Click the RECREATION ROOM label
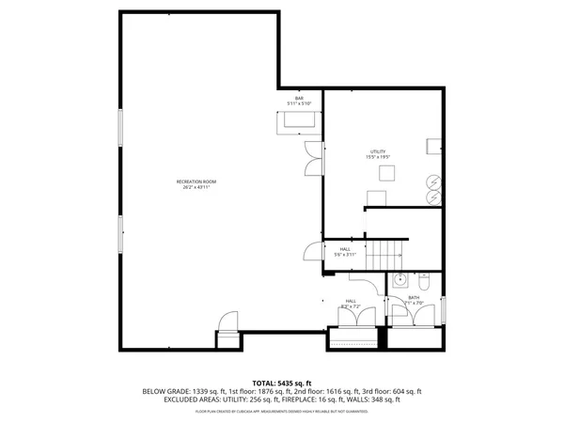click(196, 181)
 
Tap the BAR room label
click(299, 98)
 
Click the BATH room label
click(414, 298)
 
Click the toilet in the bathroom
click(422, 281)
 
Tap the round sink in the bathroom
click(399, 280)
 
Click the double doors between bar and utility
click(313, 157)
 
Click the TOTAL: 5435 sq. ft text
click(282, 384)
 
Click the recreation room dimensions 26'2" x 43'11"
click(196, 187)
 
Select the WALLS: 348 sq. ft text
click(378, 400)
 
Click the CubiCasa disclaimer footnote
click(282, 412)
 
